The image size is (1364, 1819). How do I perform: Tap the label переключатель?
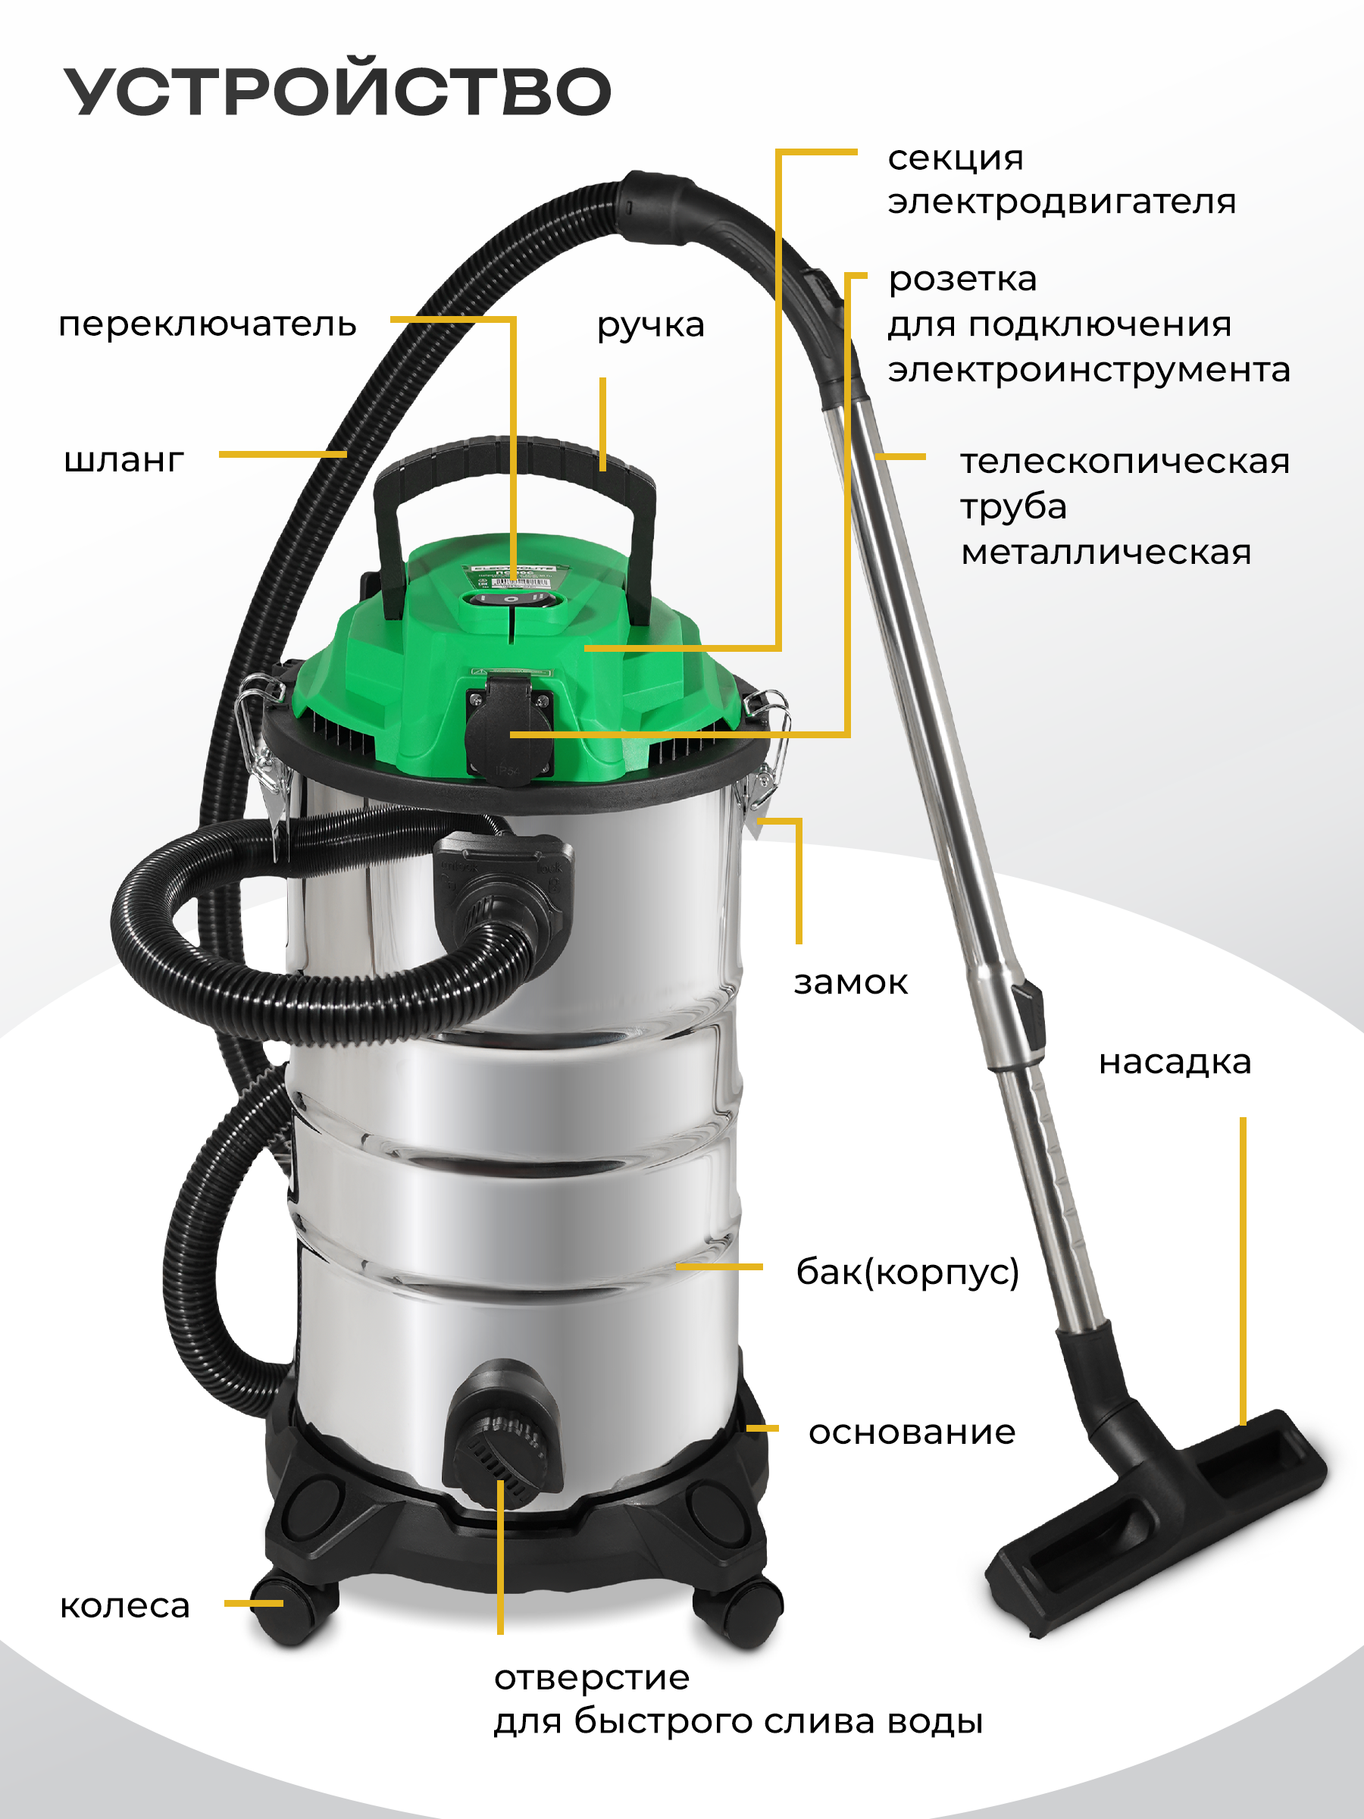pyautogui.click(x=207, y=325)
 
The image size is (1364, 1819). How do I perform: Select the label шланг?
pyautogui.click(x=124, y=460)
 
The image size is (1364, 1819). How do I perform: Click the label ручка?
pyautogui.click(x=650, y=326)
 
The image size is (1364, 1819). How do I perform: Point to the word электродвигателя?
pyautogui.click(x=1062, y=202)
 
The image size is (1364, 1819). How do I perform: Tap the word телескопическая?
pyautogui.click(x=1125, y=462)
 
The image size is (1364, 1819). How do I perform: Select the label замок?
pyautogui.click(x=850, y=983)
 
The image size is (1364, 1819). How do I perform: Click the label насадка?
pyautogui.click(x=1175, y=1062)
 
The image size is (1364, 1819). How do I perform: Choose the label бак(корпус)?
pyautogui.click(x=908, y=1271)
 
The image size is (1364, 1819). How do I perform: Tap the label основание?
pyautogui.click(x=912, y=1432)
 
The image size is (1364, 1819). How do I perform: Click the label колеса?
pyautogui.click(x=125, y=1605)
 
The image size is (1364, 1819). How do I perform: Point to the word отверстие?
pyautogui.click(x=592, y=1677)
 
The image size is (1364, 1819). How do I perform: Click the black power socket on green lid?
pyautogui.click(x=510, y=724)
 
